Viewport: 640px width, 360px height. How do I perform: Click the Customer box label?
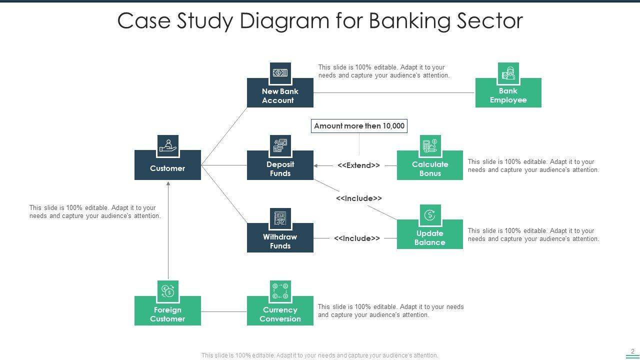tap(167, 168)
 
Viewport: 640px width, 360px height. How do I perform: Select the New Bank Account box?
tap(280, 92)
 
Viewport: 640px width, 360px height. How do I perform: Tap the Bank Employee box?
tap(508, 92)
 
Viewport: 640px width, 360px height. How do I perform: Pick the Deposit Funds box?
tap(280, 165)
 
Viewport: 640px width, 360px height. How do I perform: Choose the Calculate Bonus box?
tap(429, 165)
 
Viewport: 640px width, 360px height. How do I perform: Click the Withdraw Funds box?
tap(280, 237)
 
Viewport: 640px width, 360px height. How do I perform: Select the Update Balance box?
tap(429, 234)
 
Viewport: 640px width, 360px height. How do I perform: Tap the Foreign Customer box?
tap(167, 310)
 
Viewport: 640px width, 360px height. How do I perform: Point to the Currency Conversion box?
tap(280, 310)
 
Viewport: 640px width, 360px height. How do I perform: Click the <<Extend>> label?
tap(358, 165)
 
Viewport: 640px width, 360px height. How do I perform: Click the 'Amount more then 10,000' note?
tap(359, 126)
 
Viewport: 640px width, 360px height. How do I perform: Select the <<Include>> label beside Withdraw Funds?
tap(357, 238)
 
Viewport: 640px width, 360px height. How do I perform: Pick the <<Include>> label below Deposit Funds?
tap(359, 198)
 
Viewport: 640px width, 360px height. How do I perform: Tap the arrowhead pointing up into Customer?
tap(168, 183)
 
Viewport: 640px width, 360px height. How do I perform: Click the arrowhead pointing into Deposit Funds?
tap(315, 165)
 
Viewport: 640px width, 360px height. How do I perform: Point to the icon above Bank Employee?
tap(508, 73)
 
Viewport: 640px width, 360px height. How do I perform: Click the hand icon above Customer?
tap(168, 145)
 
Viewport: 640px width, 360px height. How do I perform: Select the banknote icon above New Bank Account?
tap(280, 73)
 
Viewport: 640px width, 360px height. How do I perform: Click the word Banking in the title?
tap(409, 21)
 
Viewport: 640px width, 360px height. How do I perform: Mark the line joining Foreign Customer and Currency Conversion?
tap(223, 311)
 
